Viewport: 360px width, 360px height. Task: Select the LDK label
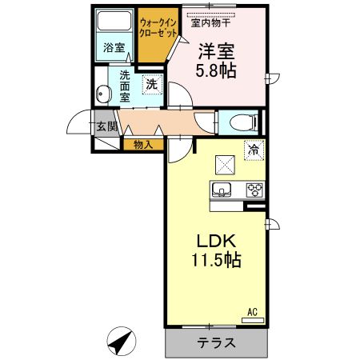pos(216,241)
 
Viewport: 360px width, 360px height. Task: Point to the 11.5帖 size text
pos(216,260)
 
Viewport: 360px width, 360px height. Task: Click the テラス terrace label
pos(217,343)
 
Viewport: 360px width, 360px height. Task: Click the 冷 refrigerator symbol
pos(254,150)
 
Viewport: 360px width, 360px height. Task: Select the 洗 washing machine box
pos(151,83)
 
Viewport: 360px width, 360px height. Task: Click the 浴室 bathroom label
pos(114,48)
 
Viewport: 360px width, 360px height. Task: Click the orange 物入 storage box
pos(143,145)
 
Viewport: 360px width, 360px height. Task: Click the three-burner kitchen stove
pos(254,190)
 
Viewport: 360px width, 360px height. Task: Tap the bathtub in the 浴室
pos(114,21)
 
